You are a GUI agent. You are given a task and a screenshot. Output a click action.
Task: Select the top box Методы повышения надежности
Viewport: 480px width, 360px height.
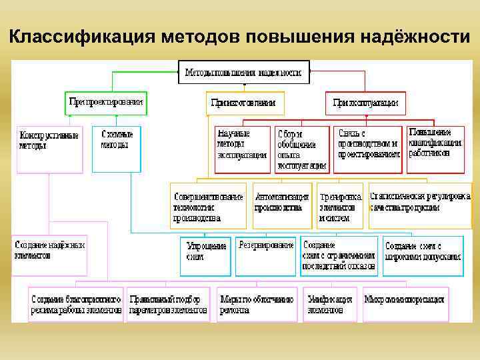[244, 72]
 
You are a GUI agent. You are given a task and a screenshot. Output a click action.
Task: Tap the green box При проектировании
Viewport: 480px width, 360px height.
[106, 103]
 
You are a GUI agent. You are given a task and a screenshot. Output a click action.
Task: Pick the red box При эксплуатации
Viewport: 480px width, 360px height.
[365, 103]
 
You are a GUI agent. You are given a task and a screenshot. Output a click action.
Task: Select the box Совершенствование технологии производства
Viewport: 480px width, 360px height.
[208, 206]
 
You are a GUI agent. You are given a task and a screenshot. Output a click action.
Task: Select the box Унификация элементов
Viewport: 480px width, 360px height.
[331, 304]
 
